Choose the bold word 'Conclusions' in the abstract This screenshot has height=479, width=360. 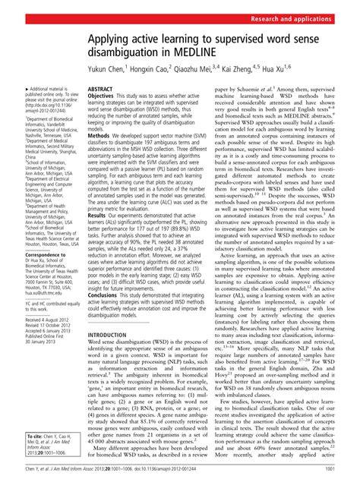(x=106, y=315)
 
